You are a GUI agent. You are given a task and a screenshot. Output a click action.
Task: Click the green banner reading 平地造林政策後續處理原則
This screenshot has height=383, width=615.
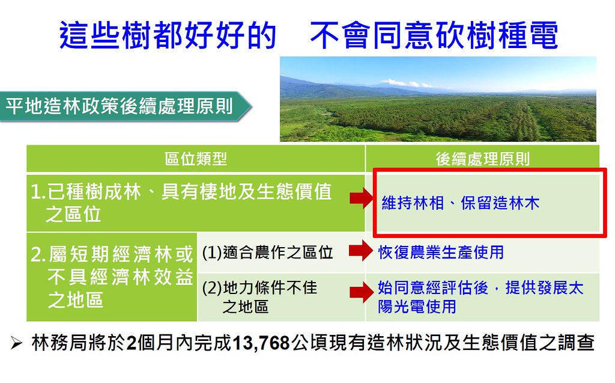[x=126, y=106]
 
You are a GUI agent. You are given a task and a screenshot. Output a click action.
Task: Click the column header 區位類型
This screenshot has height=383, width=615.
[x=196, y=159]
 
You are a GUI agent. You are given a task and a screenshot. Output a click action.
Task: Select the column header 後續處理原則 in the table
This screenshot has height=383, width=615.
[x=482, y=159]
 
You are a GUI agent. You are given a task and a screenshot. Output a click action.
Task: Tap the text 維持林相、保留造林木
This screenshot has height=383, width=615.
[x=461, y=203]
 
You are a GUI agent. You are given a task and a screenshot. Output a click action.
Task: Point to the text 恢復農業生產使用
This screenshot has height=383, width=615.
[x=441, y=252]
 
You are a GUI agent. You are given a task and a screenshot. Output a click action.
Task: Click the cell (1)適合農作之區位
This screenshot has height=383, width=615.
[x=267, y=252]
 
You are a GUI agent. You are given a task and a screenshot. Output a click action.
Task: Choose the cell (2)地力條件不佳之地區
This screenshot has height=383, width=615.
[x=259, y=296]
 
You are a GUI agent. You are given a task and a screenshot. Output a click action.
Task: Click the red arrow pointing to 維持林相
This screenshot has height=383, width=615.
[x=361, y=198]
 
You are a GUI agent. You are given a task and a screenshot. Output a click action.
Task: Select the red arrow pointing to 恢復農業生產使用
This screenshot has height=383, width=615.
[x=361, y=251]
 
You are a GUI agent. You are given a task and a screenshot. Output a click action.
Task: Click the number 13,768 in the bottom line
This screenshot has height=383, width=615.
[x=261, y=343]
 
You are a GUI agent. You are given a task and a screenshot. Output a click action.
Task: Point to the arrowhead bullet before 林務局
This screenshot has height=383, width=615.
[x=16, y=343]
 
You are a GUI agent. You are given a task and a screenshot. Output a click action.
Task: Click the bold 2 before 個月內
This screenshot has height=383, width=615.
[x=132, y=343]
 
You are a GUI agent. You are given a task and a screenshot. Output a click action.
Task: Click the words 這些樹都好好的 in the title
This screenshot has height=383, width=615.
[x=168, y=35]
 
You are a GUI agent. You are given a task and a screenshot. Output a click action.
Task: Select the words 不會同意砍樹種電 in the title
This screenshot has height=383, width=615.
[x=434, y=35]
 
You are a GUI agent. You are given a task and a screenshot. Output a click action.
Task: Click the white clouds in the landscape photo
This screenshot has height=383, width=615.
[x=408, y=84]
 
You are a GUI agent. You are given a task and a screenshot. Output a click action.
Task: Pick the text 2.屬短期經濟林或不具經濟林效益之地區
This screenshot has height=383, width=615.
[x=112, y=277]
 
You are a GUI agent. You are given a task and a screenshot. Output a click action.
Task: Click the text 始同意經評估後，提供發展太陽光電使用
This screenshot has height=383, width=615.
[x=480, y=297]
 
